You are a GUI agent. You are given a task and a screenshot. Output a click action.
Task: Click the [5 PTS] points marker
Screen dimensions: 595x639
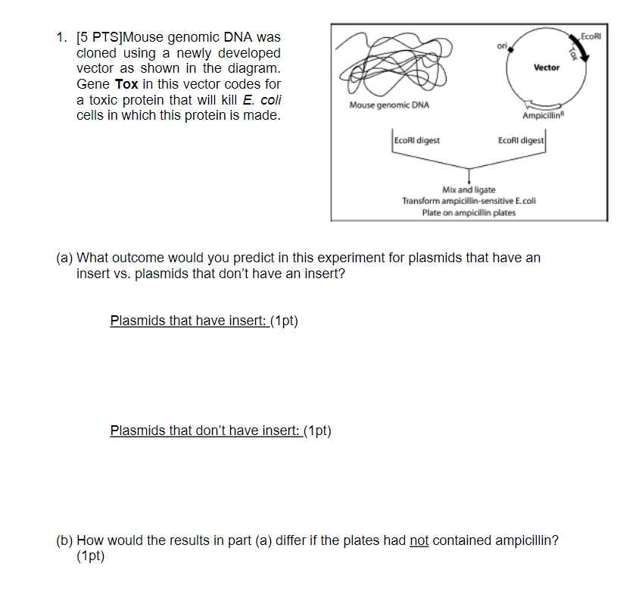pos(99,37)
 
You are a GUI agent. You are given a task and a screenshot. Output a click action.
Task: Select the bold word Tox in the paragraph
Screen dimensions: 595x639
pos(126,84)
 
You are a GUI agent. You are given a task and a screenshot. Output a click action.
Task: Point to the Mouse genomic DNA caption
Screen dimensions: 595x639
pos(389,105)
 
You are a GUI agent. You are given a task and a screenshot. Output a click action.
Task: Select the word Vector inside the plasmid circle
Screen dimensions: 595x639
pos(546,67)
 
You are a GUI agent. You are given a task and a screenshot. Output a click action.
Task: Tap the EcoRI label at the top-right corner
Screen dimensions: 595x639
pos(591,35)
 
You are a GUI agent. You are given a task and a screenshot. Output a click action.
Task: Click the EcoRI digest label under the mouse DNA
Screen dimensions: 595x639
pos(417,140)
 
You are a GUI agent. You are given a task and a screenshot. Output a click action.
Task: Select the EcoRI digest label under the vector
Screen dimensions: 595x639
pos(520,140)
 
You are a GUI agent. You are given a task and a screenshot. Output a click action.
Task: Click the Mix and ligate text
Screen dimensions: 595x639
pos(469,189)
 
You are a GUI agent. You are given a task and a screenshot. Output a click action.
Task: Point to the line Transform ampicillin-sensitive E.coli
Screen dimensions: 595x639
pos(469,201)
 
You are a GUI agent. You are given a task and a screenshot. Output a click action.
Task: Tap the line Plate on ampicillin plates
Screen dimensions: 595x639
pos(469,212)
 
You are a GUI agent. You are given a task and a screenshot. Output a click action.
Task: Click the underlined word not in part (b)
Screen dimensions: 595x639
pos(419,540)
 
